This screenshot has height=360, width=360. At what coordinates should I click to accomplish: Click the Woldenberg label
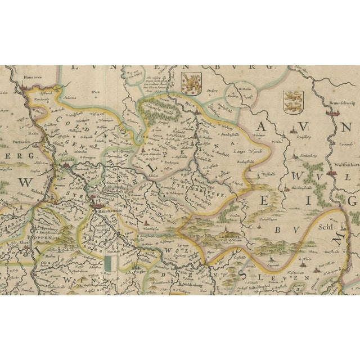point(192,286)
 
